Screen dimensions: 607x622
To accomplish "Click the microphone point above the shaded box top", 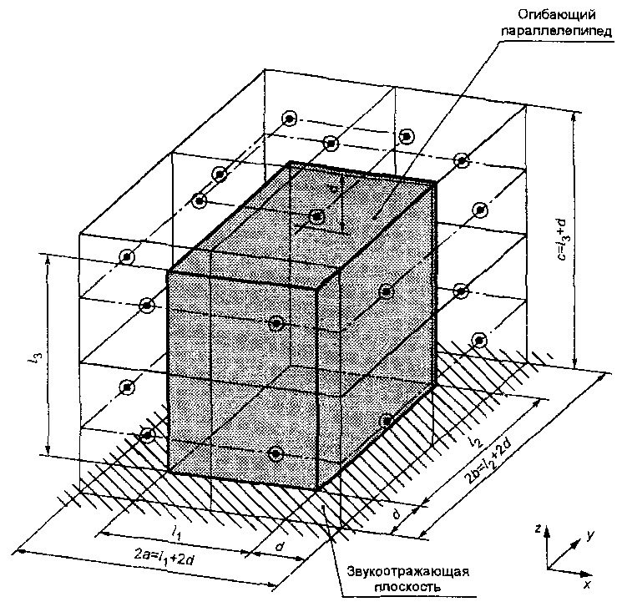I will [317, 217].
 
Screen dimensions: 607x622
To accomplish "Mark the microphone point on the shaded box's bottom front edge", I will [276, 453].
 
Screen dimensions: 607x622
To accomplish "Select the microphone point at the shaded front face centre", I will [277, 323].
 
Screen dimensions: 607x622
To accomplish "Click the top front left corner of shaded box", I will [170, 272].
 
